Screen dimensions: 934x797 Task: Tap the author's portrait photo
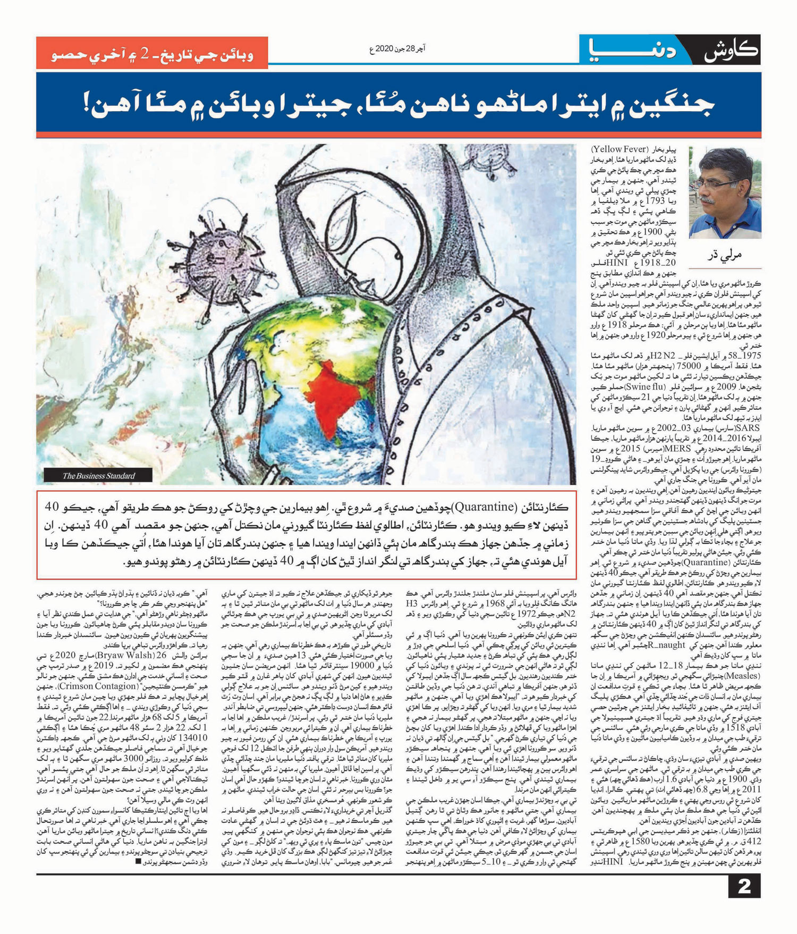pos(725,192)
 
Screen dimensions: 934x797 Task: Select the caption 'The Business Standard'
pos(99,476)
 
